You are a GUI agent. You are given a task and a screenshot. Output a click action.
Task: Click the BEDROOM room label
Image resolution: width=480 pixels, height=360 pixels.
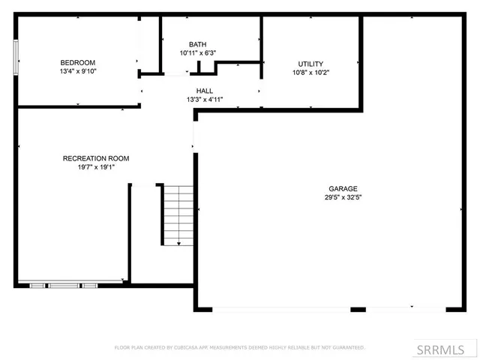[78, 62]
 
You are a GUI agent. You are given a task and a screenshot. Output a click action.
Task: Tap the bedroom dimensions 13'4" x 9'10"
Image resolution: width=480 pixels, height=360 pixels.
[78, 72]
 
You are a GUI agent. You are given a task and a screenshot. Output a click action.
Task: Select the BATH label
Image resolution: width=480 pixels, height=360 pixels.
[197, 44]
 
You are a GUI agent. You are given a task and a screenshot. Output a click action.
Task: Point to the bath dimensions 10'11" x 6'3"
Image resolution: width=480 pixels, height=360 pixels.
[197, 53]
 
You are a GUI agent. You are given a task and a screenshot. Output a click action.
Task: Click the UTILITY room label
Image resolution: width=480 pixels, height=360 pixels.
[310, 64]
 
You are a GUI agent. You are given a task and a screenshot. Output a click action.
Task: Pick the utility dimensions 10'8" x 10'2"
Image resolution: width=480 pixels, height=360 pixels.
[310, 73]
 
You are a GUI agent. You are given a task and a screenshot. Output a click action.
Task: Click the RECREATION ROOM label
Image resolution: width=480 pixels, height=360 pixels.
[96, 158]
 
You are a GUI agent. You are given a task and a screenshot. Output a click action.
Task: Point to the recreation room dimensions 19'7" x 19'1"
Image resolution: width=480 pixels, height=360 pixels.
[96, 167]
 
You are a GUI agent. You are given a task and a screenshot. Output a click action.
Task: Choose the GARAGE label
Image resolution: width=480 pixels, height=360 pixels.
[343, 189]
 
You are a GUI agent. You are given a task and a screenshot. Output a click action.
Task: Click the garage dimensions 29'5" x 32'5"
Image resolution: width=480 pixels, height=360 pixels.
[343, 198]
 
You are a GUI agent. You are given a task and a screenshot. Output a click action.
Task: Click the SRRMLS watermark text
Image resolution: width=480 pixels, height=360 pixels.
[447, 349]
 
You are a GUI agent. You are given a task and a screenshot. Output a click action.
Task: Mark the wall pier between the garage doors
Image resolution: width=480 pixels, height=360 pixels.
[358, 309]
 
